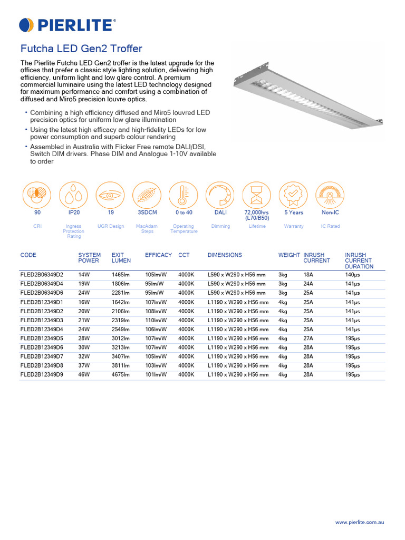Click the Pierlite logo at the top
point(67,24)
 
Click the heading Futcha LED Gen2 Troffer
point(81,49)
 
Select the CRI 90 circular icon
point(37,195)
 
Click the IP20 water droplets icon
point(73,195)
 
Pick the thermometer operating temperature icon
point(184,195)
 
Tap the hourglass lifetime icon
point(257,195)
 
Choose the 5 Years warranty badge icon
point(293,195)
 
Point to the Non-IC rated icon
point(330,195)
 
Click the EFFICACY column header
point(158,255)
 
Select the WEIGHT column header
point(289,255)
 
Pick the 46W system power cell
point(84,374)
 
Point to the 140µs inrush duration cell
point(352,275)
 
